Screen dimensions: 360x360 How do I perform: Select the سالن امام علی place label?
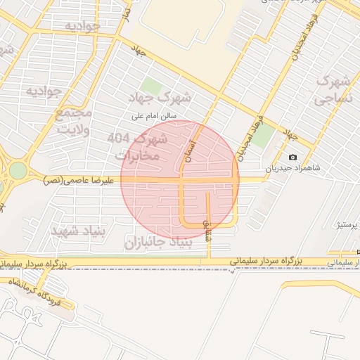coord(156,114)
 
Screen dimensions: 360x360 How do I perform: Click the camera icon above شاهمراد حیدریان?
coord(292,157)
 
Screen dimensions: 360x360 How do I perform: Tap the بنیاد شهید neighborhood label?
coord(78,230)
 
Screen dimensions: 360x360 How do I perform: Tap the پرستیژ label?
coord(346,225)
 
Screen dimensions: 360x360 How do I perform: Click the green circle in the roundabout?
coord(17,171)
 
